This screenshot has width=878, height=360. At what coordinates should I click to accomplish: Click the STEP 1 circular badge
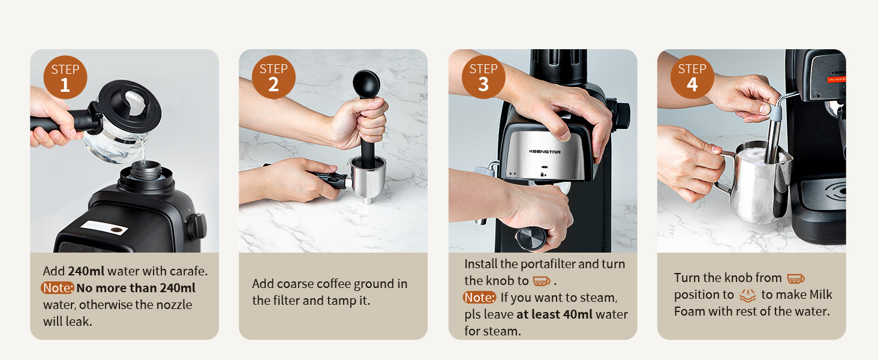pos(65,77)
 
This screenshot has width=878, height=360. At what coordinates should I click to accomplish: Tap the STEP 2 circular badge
pos(273,77)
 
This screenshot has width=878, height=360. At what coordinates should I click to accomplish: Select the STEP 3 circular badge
pos(483,77)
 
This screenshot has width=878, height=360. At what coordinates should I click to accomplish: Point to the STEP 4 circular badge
pos(692,77)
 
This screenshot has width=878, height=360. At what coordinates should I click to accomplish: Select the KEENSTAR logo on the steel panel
pos(545,152)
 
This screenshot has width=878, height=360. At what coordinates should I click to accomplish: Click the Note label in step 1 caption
pos(58,288)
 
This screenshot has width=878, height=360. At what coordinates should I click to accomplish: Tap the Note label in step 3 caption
pos(480,298)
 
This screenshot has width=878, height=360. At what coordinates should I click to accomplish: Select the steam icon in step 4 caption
pos(748,295)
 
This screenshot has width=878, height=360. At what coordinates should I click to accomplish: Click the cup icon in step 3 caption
pos(541,281)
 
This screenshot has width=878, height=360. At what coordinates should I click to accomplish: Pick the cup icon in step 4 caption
pos(795,278)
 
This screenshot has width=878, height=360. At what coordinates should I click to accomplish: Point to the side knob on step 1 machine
pos(197,226)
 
